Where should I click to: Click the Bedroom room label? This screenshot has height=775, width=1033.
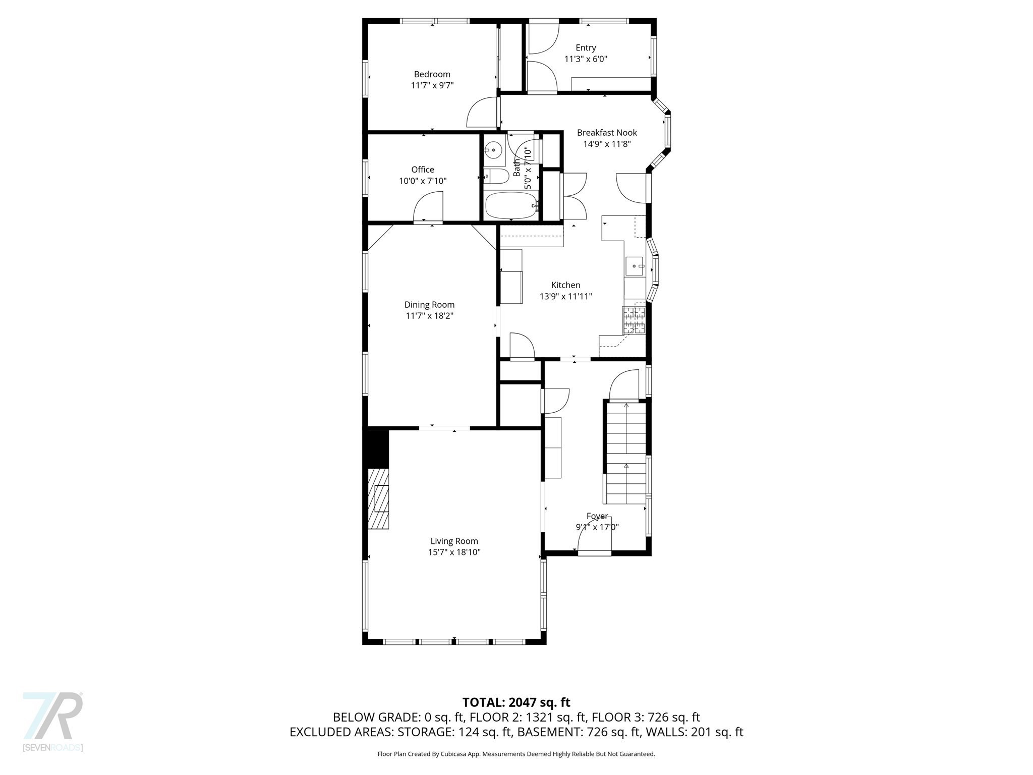[432, 74]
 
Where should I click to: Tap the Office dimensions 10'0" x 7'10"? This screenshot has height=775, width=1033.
[423, 181]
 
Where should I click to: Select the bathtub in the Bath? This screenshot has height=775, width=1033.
[510, 206]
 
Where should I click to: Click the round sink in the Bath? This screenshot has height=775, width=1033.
[493, 150]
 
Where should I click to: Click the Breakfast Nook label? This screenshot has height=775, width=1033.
[607, 133]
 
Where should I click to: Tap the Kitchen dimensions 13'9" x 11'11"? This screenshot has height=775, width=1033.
[565, 297]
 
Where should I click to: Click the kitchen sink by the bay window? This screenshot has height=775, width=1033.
[635, 266]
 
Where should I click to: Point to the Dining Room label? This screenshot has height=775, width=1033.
[429, 305]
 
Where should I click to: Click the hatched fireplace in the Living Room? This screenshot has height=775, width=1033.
[378, 499]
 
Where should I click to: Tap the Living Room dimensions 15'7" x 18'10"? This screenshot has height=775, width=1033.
[454, 552]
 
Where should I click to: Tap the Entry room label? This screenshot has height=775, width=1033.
[586, 47]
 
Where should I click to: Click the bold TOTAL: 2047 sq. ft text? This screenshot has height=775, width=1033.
[516, 702]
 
